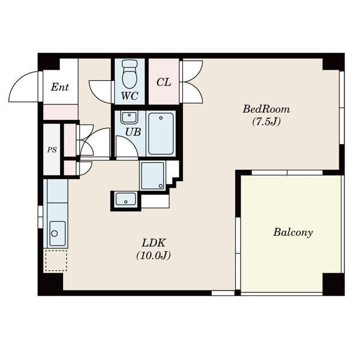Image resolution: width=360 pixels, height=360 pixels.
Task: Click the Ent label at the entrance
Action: pyautogui.click(x=59, y=87)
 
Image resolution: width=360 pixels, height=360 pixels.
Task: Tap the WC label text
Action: pyautogui.click(x=130, y=96)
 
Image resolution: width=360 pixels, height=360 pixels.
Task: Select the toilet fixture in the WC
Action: pyautogui.click(x=130, y=74)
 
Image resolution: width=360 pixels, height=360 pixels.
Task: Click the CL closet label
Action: pyautogui.click(x=164, y=82)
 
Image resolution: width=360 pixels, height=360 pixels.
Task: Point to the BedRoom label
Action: pyautogui.click(x=266, y=109)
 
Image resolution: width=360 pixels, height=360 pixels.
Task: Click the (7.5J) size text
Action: pyautogui.click(x=266, y=122)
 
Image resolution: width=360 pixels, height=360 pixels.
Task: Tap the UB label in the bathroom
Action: pyautogui.click(x=133, y=132)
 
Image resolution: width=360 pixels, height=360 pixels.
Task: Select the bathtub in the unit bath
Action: pyautogui.click(x=161, y=134)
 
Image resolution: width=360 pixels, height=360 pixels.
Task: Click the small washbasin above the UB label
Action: pyautogui.click(x=129, y=118)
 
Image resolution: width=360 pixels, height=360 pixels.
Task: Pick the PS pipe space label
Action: pyautogui.click(x=52, y=150)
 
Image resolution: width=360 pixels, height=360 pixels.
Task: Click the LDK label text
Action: pyautogui.click(x=154, y=243)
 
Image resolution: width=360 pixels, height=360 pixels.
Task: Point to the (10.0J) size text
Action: pyautogui.click(x=154, y=256)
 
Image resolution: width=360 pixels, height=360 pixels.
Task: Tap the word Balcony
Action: pyautogui.click(x=293, y=232)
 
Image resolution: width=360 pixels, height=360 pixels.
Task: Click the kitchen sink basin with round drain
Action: pyautogui.click(x=58, y=233)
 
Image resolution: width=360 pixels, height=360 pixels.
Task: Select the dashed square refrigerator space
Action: pyautogui.click(x=56, y=260)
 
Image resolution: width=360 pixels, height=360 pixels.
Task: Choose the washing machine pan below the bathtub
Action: pyautogui.click(x=152, y=176)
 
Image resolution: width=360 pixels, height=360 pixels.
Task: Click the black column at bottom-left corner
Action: pyautogui.click(x=50, y=284)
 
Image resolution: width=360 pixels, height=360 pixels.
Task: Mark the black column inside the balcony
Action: pyautogui.click(x=334, y=284)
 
